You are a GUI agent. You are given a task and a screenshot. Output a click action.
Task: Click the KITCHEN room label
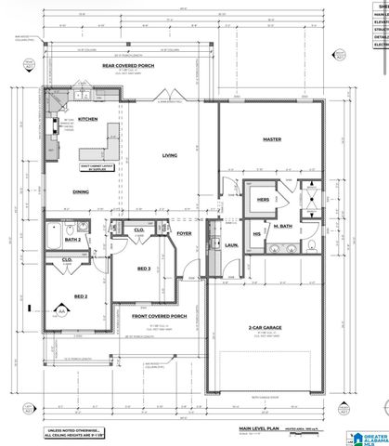pos(87,120)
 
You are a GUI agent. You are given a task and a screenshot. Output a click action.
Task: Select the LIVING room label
pos(169,155)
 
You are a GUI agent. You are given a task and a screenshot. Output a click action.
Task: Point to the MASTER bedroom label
pos(272,139)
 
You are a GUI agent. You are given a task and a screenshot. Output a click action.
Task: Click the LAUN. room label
pos(230,245)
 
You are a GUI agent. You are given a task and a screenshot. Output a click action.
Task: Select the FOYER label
pos(184,234)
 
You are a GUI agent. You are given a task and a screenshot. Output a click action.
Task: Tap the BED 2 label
pos(81,296)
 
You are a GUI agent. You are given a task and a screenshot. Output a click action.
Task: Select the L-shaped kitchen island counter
pos(107,149)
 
